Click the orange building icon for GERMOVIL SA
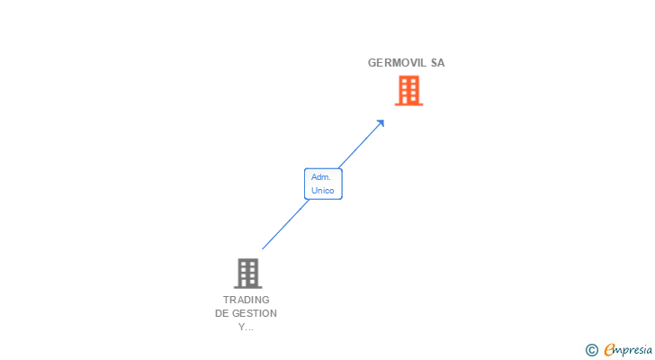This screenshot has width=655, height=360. point(408,90)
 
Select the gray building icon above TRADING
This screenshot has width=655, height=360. point(247,273)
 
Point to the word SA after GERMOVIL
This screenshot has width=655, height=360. point(437,63)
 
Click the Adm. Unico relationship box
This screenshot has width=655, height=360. point(323,184)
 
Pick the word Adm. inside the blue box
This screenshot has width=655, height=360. point(321,177)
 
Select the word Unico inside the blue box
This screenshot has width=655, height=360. point(322,191)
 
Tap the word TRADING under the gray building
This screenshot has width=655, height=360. point(247,300)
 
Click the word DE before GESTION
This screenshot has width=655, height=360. point(222,313)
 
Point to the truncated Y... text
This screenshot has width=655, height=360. point(247,327)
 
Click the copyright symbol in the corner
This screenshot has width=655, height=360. point(592,350)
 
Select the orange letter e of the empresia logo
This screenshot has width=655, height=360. point(609,350)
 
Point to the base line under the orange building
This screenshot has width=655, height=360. point(408,104)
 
